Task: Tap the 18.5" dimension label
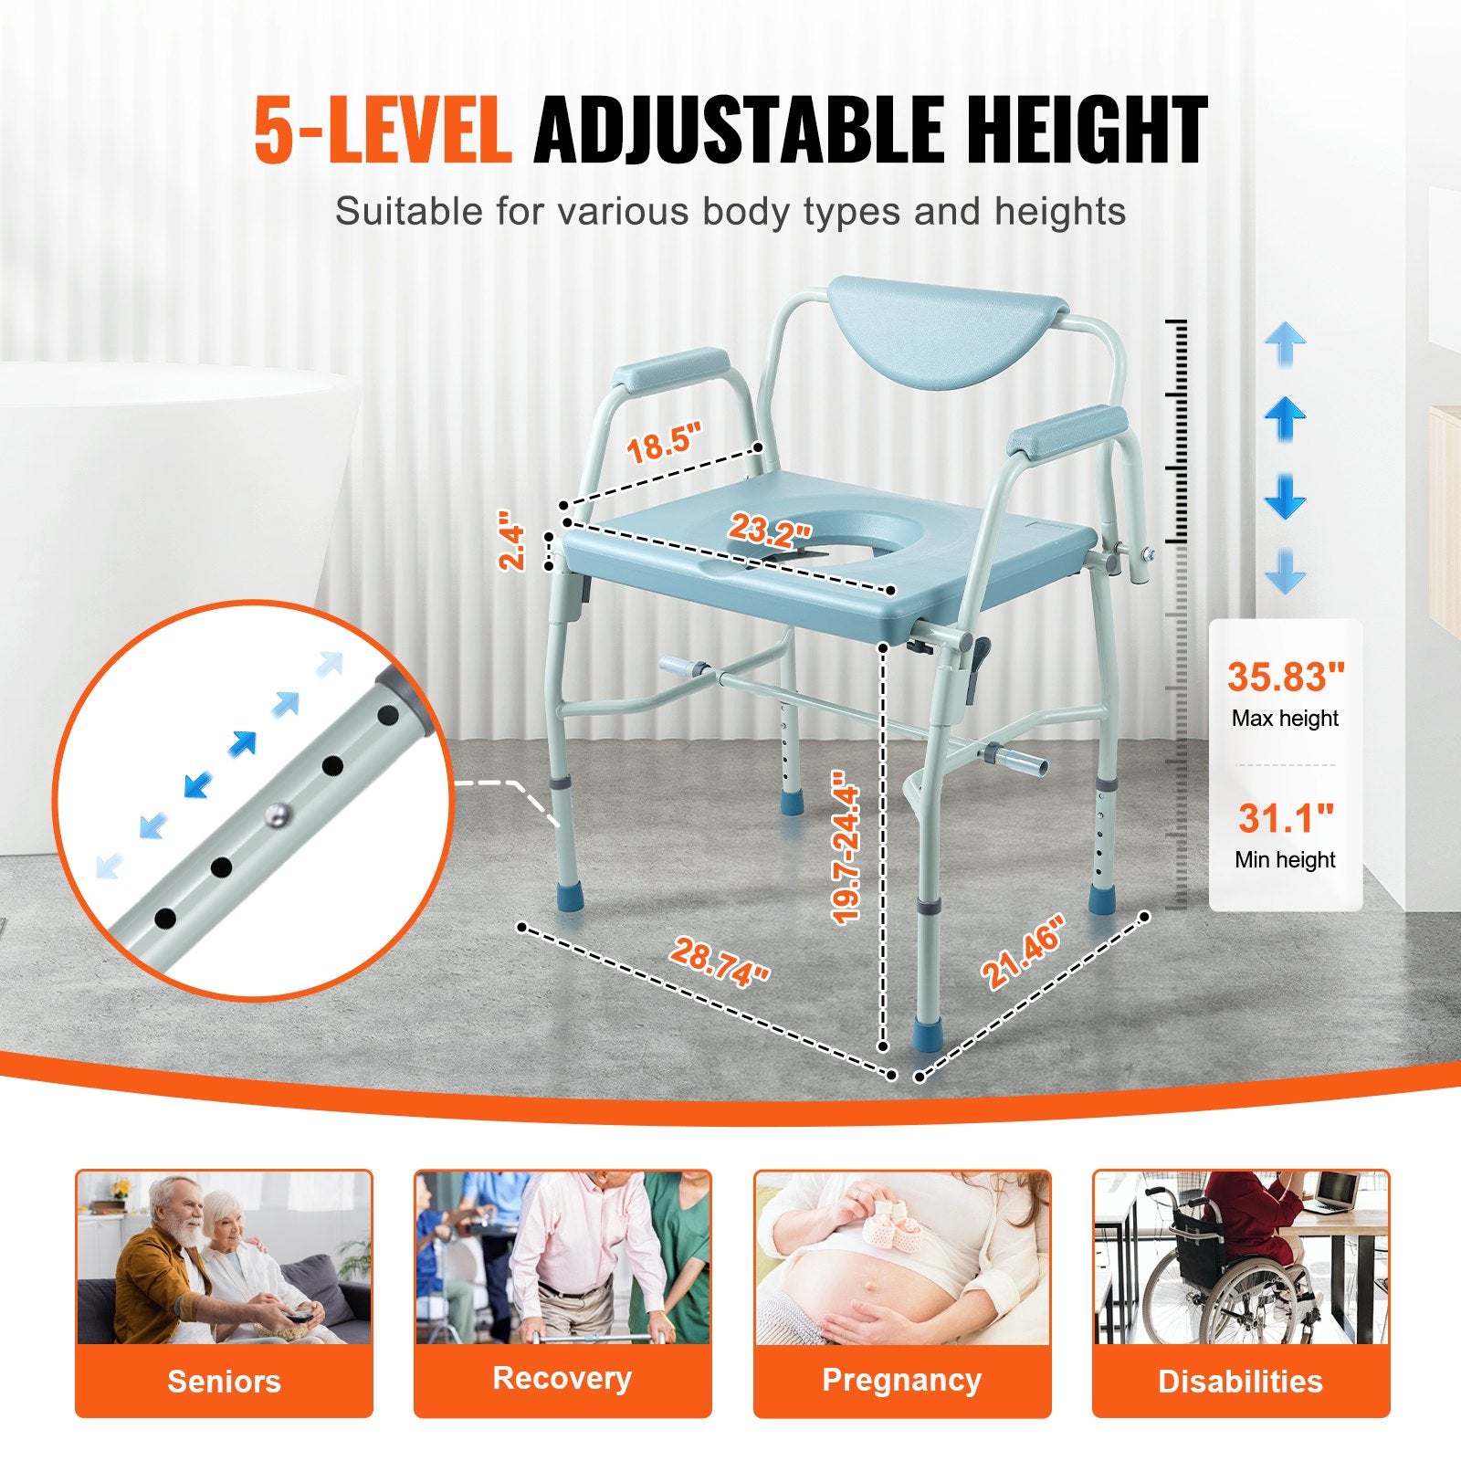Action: (665, 443)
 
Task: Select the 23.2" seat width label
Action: (770, 528)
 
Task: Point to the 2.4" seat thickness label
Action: (513, 546)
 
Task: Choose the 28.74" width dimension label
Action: (720, 962)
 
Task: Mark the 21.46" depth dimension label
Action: (1024, 951)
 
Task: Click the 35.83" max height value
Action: (1286, 678)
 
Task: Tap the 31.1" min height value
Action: (1286, 818)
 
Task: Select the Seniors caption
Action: (224, 1381)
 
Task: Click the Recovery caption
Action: (562, 1378)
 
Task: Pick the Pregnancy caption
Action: (901, 1380)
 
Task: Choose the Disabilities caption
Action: (1240, 1381)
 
